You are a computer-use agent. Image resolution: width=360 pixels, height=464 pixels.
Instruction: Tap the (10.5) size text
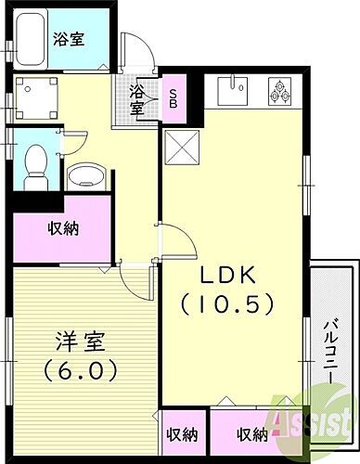(233, 303)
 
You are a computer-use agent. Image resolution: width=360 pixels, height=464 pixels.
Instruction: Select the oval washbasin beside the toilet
(87, 174)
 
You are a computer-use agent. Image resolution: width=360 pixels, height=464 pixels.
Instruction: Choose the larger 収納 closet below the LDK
(251, 433)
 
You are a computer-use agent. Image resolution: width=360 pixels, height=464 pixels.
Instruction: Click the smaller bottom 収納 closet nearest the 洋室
(182, 433)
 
